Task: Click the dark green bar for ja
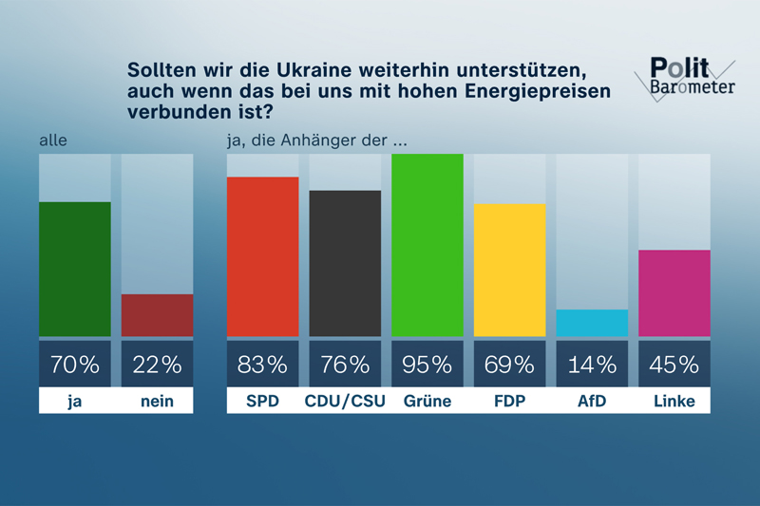[75, 269]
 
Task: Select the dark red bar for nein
[157, 315]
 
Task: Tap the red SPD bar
[262, 256]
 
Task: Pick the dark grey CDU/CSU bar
[345, 263]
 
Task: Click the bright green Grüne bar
[427, 245]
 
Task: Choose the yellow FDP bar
[509, 270]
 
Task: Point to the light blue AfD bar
[592, 323]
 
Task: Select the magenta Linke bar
[674, 292]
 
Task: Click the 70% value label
[75, 364]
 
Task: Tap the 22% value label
[157, 364]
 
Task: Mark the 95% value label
[427, 364]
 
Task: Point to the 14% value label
[592, 364]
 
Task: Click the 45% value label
[674, 364]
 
